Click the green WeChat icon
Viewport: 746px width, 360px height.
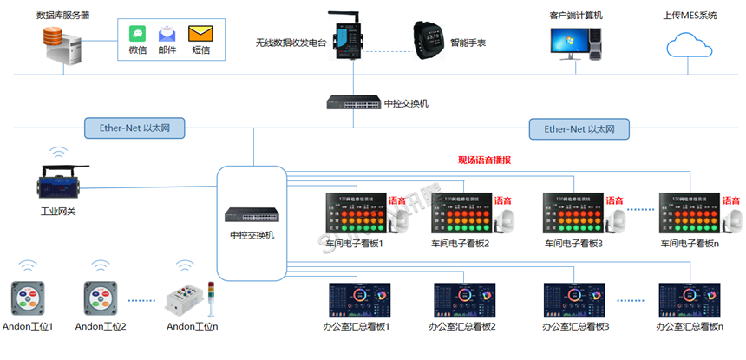click(x=137, y=33)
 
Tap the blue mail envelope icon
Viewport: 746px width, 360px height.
click(x=167, y=34)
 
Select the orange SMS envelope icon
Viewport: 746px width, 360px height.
click(x=200, y=34)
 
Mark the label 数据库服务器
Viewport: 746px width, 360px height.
click(x=62, y=15)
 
